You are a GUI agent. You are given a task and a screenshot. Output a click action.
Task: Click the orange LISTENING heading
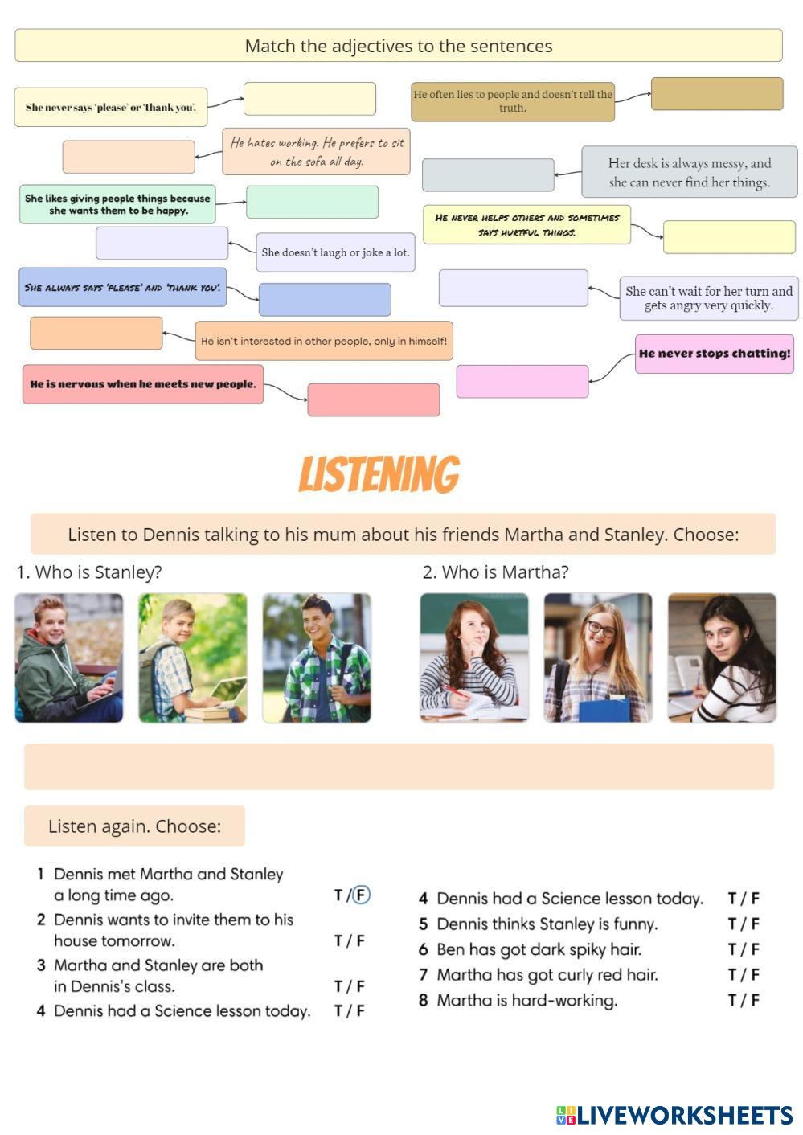[x=379, y=474]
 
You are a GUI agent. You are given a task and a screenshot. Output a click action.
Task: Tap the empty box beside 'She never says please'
[x=309, y=99]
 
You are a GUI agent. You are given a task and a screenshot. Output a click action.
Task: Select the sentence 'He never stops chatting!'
[x=714, y=354]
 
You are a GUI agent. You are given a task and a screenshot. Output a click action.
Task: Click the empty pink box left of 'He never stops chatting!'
[x=522, y=381]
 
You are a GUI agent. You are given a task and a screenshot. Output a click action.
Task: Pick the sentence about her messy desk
[x=689, y=172]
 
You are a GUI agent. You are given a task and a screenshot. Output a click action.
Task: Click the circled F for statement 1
[x=362, y=895]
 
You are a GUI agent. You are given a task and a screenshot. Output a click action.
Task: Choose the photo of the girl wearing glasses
[x=597, y=658]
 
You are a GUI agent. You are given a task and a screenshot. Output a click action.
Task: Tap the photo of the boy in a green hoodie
[x=69, y=658]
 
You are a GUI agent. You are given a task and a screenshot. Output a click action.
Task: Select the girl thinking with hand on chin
[x=474, y=658]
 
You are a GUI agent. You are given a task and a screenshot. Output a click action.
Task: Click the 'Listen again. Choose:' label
[x=134, y=826]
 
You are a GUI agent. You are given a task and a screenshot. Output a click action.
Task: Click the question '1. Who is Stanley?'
[x=89, y=572]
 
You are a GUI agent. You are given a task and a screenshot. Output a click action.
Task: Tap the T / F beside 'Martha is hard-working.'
[x=744, y=1000]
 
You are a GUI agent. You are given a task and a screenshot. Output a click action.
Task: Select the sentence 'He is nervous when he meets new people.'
[x=143, y=384]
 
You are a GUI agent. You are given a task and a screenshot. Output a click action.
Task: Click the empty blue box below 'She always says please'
[x=325, y=300]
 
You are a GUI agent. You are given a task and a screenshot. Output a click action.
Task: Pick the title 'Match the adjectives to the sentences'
[x=398, y=46]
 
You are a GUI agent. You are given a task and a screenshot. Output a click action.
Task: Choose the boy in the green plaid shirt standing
[x=317, y=658]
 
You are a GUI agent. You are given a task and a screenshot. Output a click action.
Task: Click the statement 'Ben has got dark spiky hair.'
[x=539, y=949]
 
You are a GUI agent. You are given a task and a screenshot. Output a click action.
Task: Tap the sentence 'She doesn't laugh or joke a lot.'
[x=335, y=252]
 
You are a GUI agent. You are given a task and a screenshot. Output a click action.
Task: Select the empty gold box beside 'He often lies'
[x=716, y=94]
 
